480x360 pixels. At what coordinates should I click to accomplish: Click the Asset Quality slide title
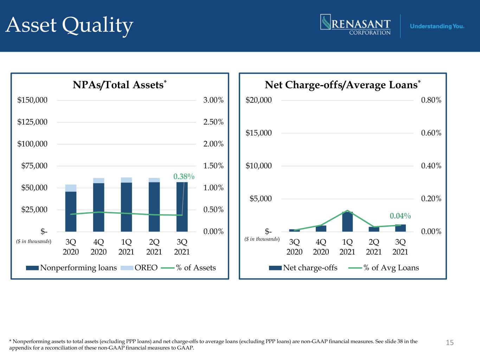[x=69, y=26]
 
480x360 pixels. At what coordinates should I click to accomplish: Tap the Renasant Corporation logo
[x=356, y=25]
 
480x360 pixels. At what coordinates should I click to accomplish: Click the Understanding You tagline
[x=437, y=26]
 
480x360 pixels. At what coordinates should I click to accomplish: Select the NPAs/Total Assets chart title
[x=120, y=85]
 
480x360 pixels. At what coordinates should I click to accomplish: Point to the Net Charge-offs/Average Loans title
[x=343, y=85]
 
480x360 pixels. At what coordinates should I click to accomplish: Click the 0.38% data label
[x=184, y=176]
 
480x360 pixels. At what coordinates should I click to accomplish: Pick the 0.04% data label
[x=400, y=216]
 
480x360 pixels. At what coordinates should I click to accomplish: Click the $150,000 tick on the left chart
[x=32, y=100]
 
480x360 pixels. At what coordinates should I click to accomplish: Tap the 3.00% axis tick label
[x=213, y=100]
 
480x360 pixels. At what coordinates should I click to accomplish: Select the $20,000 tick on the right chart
[x=258, y=100]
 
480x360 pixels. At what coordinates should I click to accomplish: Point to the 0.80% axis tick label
[x=431, y=100]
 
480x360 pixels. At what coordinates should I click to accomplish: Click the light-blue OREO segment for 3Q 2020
[x=71, y=188]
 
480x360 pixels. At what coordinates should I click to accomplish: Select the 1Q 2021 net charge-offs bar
[x=347, y=221]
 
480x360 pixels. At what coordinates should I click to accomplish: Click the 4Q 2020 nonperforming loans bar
[x=98, y=207]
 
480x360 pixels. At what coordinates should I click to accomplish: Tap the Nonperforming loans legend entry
[x=71, y=268]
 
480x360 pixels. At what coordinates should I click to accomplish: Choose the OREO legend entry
[x=139, y=268]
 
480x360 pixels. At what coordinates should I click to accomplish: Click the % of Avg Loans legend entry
[x=384, y=268]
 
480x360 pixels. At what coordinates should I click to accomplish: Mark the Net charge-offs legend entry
[x=303, y=268]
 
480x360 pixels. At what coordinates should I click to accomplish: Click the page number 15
[x=450, y=342]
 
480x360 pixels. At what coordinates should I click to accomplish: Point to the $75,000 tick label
[x=34, y=166]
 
